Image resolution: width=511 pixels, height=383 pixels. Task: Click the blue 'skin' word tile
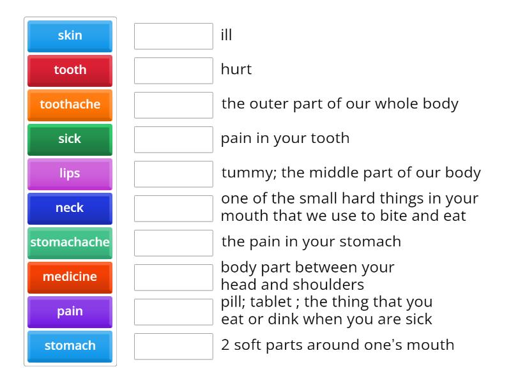pos(70,36)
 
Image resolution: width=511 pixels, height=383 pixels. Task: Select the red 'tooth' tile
pos(70,70)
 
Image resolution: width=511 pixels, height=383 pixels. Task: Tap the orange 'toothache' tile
pos(70,105)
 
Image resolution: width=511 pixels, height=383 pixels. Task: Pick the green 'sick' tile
pos(70,139)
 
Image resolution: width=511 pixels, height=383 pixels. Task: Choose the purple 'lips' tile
pos(70,174)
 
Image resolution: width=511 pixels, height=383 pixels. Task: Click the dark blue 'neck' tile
pos(70,208)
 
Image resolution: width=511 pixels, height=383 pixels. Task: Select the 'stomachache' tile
pos(70,243)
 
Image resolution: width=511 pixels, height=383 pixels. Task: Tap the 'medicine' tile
pos(70,277)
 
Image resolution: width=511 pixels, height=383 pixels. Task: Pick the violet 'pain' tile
pos(70,312)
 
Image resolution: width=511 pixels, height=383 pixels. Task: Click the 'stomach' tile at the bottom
pos(70,346)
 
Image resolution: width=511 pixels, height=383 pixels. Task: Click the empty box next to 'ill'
pos(173,36)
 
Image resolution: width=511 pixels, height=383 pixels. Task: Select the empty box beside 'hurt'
pos(173,70)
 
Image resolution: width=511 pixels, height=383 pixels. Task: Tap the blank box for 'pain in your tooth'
pos(173,139)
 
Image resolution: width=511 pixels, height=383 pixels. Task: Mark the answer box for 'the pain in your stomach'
pos(173,243)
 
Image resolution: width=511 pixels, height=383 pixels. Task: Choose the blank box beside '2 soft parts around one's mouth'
pos(173,346)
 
